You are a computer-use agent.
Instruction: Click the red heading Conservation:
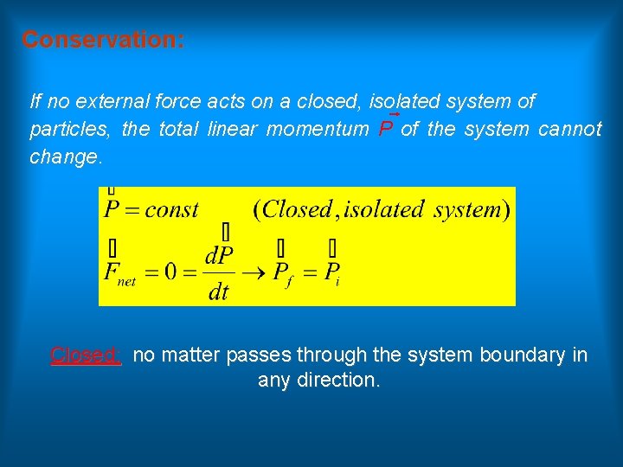(102, 40)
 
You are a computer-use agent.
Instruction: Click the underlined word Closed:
(86, 355)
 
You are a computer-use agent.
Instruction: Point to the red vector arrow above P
(394, 113)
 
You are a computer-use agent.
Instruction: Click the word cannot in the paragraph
(569, 130)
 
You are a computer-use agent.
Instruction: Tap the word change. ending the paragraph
(66, 157)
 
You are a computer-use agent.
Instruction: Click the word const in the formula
(171, 209)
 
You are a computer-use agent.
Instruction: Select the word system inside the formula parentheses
(466, 209)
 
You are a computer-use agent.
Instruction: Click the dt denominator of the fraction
(219, 292)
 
